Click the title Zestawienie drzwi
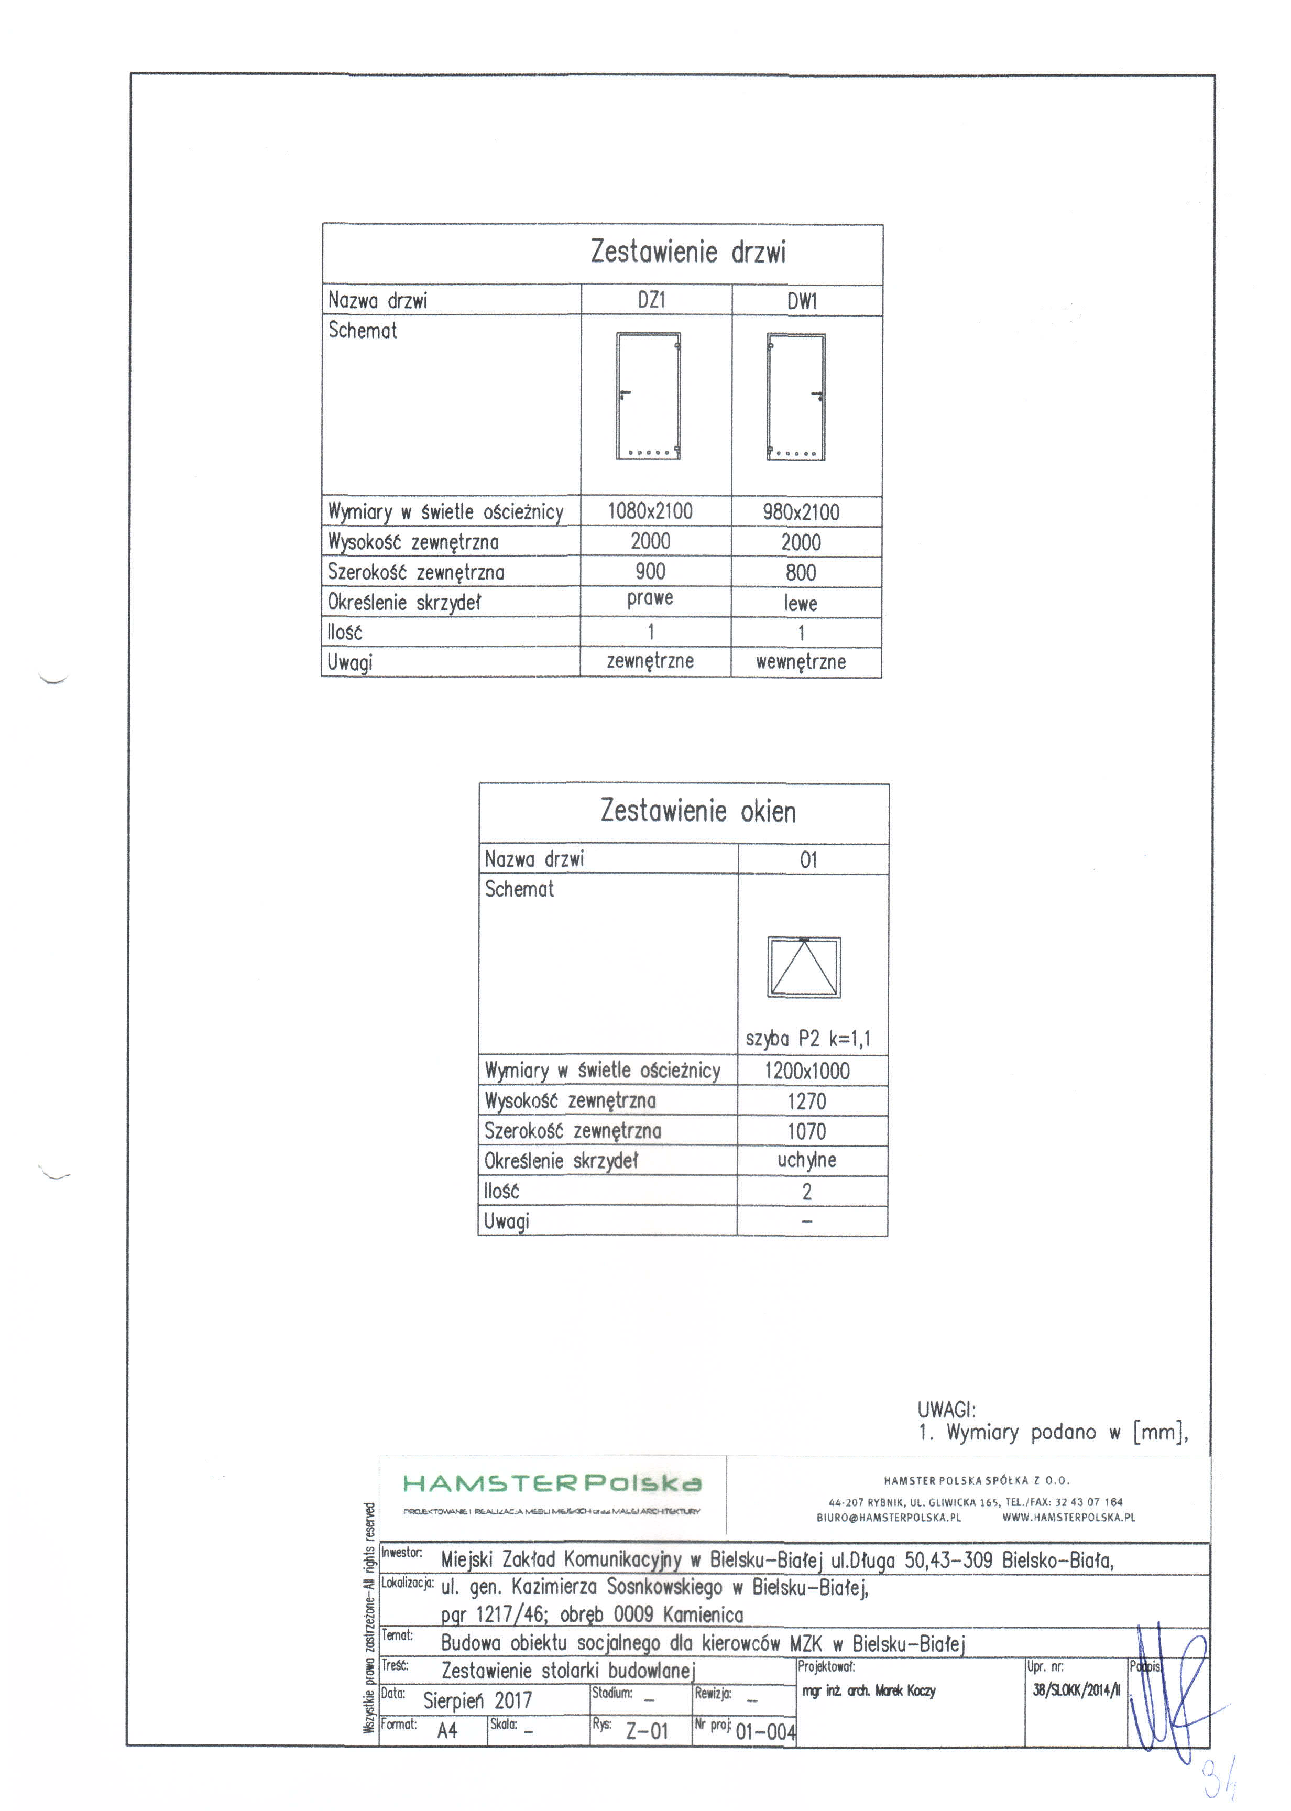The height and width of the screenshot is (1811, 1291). point(687,253)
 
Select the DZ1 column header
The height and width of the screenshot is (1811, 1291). point(651,300)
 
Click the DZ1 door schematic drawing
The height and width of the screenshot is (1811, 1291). point(649,396)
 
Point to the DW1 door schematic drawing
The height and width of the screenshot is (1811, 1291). point(796,397)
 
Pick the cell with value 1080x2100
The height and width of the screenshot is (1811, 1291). point(650,511)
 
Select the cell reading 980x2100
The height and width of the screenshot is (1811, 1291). point(801,512)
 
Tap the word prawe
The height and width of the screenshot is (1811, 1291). point(650,598)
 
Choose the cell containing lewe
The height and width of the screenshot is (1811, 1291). point(801,603)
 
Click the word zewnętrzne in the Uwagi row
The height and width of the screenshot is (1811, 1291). point(650,661)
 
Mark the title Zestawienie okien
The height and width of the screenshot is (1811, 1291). point(697,812)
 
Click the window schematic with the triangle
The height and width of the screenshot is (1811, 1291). point(804,967)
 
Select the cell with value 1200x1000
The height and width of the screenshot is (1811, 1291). point(807,1071)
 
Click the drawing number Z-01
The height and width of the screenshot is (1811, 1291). point(647,1731)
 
